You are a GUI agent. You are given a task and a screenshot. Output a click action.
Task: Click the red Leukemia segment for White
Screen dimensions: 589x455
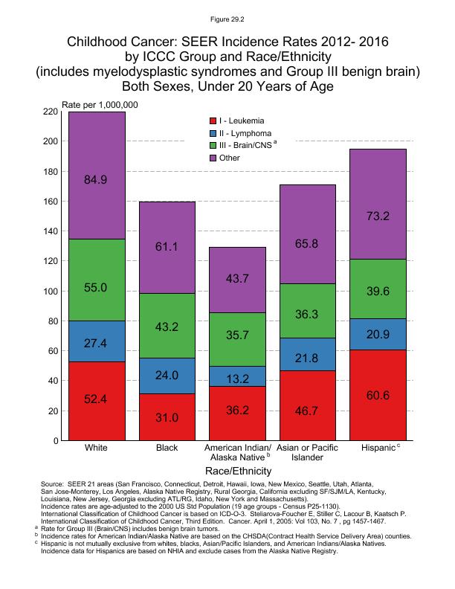pyautogui.click(x=97, y=401)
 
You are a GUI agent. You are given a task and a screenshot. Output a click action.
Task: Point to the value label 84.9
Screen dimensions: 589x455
pyautogui.click(x=97, y=178)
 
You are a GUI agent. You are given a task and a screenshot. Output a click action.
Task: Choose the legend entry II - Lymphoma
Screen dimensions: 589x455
pyautogui.click(x=245, y=133)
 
